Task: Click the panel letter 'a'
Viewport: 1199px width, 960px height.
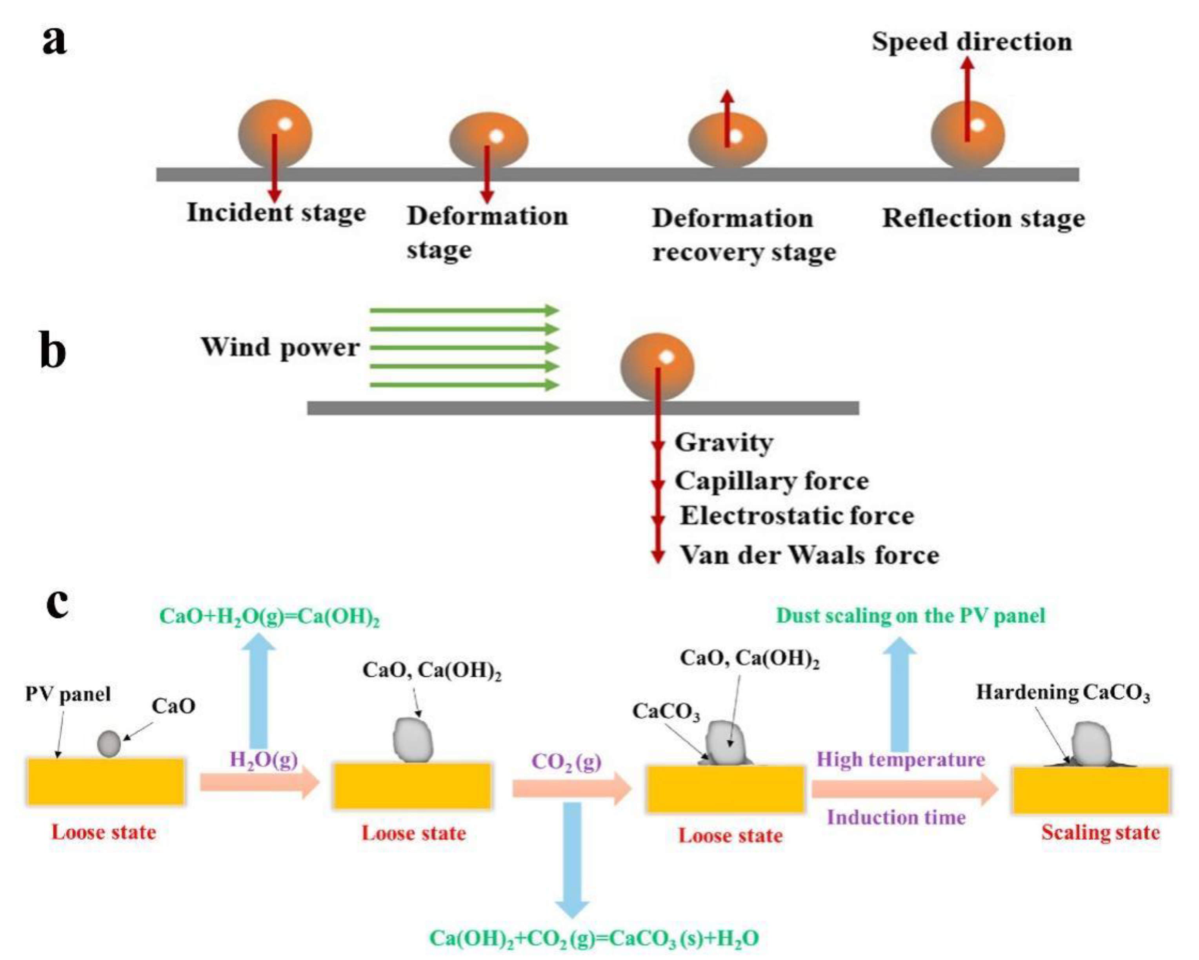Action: [x=54, y=41]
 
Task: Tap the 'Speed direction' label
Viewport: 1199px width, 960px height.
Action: [x=972, y=42]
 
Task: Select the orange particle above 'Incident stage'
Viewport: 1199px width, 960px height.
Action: [x=275, y=133]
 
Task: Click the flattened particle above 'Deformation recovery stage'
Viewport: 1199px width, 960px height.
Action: [x=728, y=140]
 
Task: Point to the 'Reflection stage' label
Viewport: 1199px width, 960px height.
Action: [x=983, y=218]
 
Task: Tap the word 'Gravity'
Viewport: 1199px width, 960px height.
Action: [x=724, y=443]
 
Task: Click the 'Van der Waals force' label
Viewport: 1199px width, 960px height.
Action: [x=810, y=555]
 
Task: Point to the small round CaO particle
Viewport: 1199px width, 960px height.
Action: [x=108, y=744]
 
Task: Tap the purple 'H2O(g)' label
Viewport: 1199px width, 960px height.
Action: [x=264, y=759]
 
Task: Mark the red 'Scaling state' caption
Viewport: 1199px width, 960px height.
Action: [x=1101, y=832]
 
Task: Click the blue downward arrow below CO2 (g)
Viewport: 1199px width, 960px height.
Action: [x=572, y=859]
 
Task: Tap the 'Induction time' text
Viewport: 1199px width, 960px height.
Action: [x=897, y=818]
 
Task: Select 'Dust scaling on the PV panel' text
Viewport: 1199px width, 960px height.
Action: [x=910, y=616]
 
